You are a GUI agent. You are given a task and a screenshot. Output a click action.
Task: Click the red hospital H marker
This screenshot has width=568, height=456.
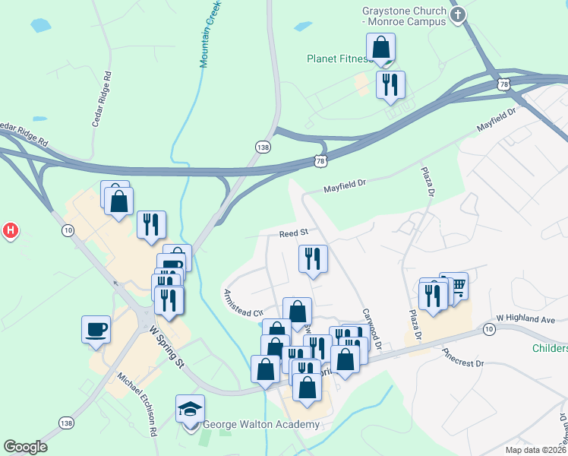[x=11, y=230]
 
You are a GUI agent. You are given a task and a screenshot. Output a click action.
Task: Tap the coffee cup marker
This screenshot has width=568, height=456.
[x=96, y=330]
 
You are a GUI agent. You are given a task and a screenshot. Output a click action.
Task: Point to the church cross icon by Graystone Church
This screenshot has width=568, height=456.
[x=457, y=14]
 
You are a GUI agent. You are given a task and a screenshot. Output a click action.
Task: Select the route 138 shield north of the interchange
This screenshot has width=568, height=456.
[x=263, y=146]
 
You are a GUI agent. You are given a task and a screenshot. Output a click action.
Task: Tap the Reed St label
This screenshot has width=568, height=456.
[x=292, y=233]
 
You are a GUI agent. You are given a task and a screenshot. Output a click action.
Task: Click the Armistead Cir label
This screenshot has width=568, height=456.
[x=242, y=302]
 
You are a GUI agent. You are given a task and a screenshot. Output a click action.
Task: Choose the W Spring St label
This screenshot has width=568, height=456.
[x=167, y=347]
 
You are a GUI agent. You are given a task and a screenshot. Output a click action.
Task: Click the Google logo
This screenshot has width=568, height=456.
[x=25, y=447]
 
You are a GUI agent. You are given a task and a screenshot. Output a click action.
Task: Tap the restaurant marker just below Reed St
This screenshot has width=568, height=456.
[x=313, y=259]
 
